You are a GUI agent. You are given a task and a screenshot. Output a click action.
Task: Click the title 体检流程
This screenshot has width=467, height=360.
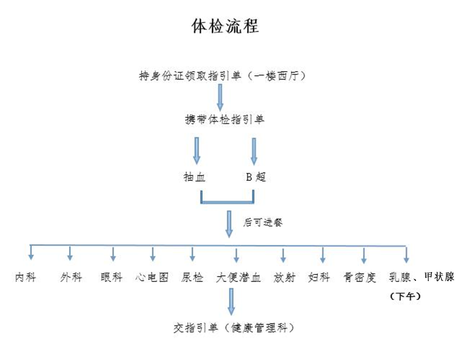coord(225,26)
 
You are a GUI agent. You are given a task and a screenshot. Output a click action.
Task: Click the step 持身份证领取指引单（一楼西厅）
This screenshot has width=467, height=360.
coord(223,76)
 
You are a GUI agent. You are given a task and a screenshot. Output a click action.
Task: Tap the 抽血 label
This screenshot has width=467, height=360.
coord(194,177)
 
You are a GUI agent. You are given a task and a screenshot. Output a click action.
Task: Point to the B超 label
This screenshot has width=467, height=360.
coord(256,177)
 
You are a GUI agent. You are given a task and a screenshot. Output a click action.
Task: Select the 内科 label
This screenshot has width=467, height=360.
coord(25,277)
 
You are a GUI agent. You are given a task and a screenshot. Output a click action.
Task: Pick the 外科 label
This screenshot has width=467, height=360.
coord(71,277)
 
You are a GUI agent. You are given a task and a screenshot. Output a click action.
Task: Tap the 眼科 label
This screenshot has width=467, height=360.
coord(111,277)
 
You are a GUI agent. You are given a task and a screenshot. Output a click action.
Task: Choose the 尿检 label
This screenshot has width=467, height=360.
coord(192,277)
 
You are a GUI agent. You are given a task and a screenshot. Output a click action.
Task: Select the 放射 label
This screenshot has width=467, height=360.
coord(285,277)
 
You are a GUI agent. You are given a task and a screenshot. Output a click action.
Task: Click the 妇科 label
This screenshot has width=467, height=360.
coord(319,277)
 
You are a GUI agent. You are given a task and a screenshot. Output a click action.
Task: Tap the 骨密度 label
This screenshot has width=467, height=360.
coord(360,277)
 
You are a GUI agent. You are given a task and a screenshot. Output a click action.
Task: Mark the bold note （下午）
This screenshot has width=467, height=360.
coord(405,296)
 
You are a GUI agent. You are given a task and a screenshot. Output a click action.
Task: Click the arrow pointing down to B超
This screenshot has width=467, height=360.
coord(254,151)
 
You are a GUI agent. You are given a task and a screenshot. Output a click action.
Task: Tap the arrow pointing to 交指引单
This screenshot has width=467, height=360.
coord(232,301)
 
